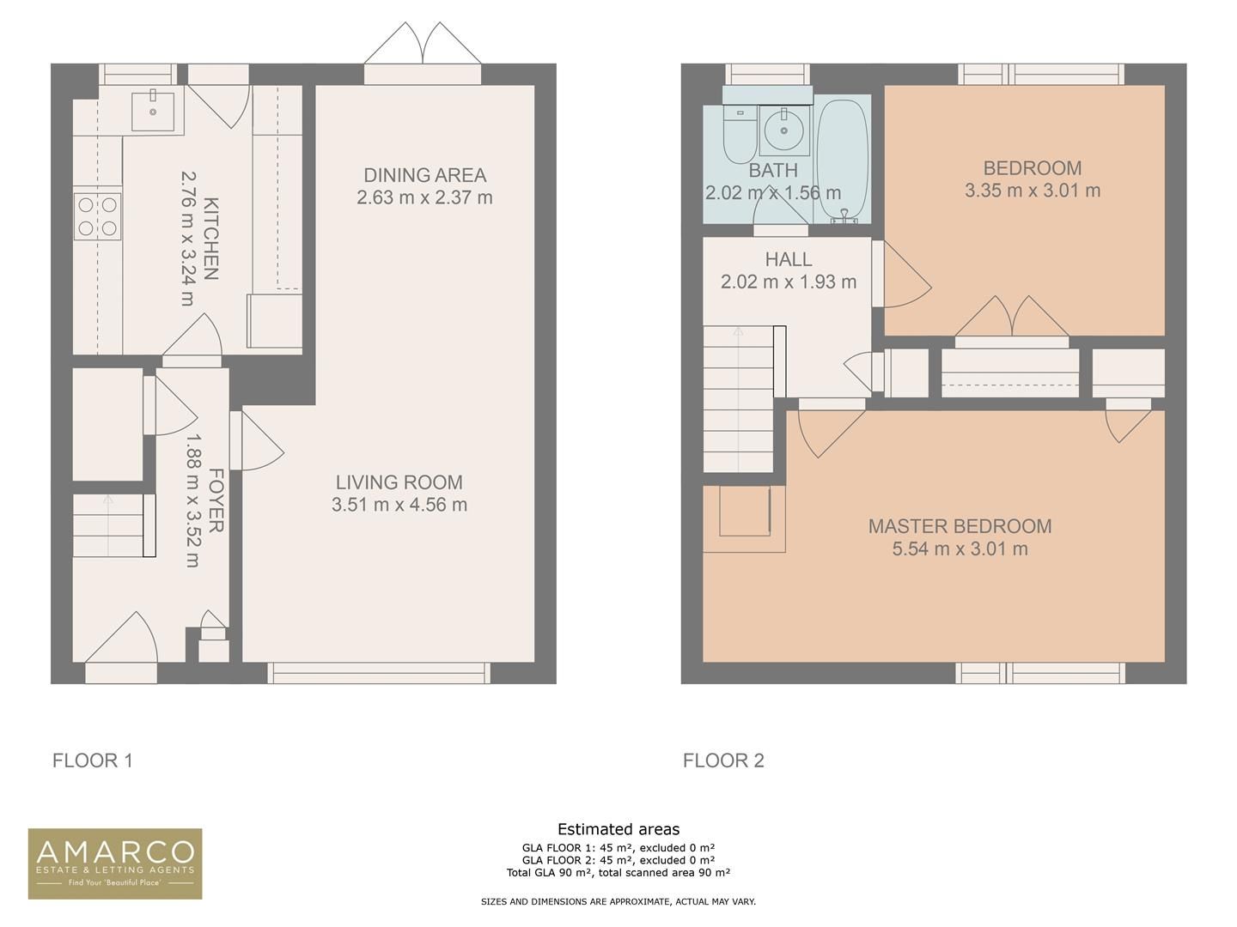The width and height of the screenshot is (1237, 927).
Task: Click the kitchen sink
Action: coord(153,111)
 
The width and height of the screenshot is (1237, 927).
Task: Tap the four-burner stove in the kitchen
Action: coord(97,216)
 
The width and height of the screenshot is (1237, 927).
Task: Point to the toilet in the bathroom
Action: coord(739,136)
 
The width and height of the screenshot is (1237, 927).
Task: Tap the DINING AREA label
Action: coord(424,175)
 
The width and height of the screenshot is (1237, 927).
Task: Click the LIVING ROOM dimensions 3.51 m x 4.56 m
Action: coord(399,505)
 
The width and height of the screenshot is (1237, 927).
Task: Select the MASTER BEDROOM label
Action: coord(960,526)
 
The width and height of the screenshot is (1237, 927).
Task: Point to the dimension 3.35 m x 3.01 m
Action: coord(1032,191)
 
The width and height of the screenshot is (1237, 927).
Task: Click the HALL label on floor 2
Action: coord(788,259)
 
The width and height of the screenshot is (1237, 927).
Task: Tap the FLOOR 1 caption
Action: coord(93,760)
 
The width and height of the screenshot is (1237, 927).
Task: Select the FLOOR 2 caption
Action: coord(723,760)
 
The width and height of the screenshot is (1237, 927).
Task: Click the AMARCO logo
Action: coord(115,863)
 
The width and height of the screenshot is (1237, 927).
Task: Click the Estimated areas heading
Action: coord(618,829)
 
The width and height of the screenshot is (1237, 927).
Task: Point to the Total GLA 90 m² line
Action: coord(618,873)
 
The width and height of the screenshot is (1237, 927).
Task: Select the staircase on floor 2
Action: coord(738,399)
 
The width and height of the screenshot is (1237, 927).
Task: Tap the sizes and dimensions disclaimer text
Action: coord(618,902)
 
